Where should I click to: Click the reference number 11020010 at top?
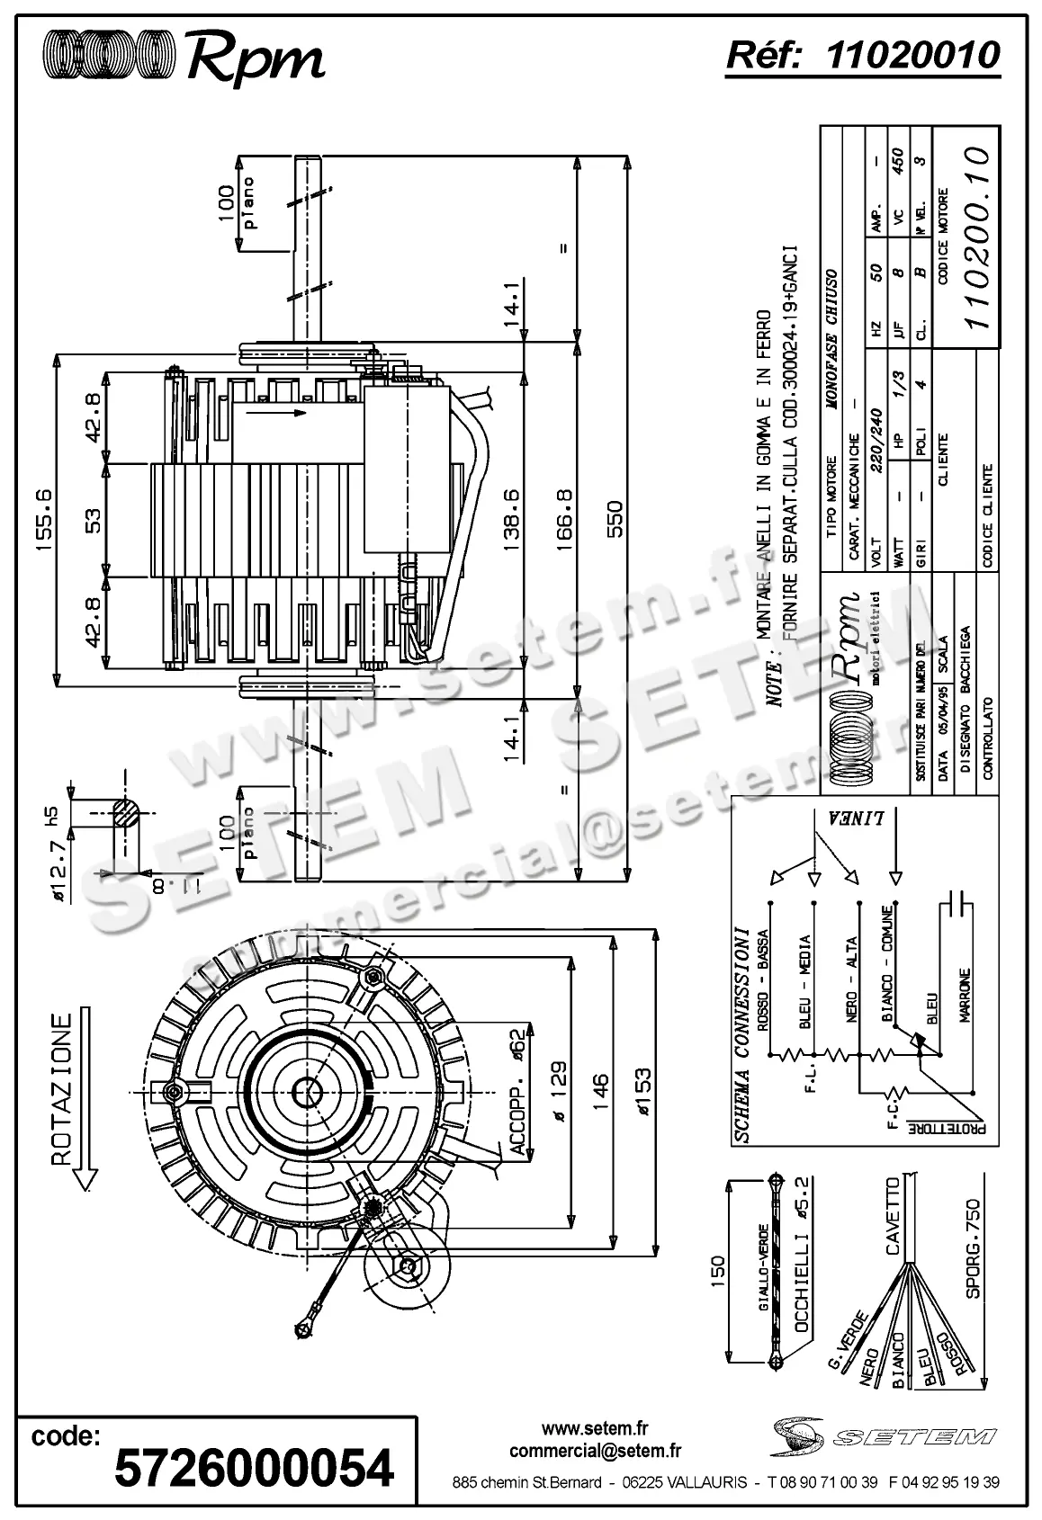pos(912,56)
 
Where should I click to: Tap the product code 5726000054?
pos(255,1468)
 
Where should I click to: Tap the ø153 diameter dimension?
pos(642,1091)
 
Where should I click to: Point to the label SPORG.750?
pos(973,1248)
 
